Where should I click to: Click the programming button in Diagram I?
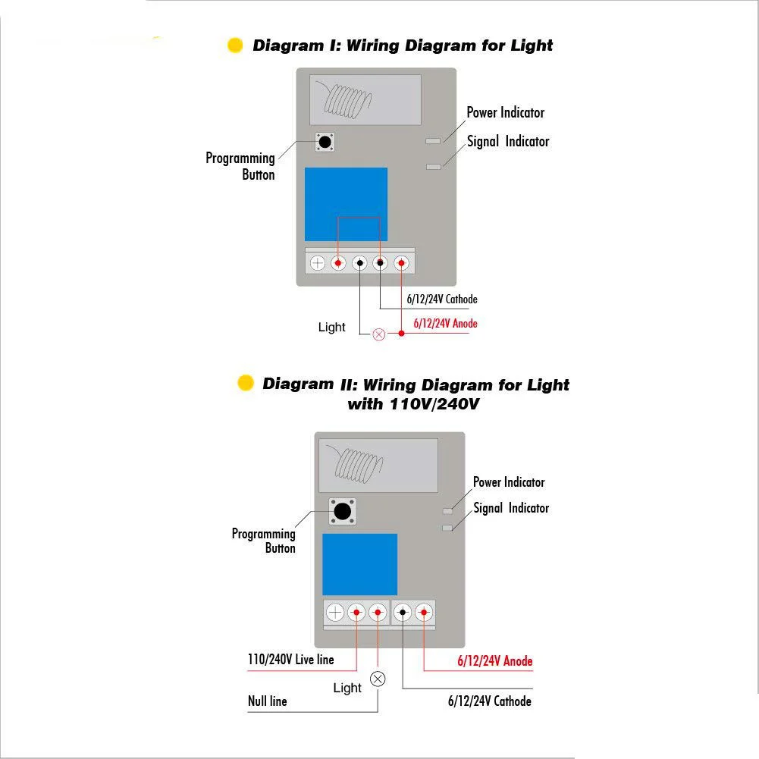coord(325,142)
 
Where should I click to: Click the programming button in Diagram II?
coord(343,511)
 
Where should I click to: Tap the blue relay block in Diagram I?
coord(346,204)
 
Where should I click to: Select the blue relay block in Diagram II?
coord(359,564)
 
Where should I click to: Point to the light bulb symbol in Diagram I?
coord(379,334)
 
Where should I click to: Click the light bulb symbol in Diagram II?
coord(378,679)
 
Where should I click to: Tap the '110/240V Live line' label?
coord(290,659)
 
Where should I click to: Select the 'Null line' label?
coord(267,701)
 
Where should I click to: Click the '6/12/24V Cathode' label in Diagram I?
coord(442,300)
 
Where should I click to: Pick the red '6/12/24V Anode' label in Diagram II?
coord(494,660)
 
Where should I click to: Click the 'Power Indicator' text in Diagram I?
coord(505,112)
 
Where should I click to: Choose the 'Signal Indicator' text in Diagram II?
coord(511,508)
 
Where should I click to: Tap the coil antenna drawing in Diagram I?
coord(344,99)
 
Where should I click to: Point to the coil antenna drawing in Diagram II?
coord(356,464)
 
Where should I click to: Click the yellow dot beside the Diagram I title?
coord(235,45)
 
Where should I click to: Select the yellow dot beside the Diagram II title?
coord(246,382)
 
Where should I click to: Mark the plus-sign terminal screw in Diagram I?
coord(318,263)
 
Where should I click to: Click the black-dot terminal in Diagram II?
coord(403,613)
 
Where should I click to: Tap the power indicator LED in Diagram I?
coord(433,141)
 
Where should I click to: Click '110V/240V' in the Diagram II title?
coord(434,403)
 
